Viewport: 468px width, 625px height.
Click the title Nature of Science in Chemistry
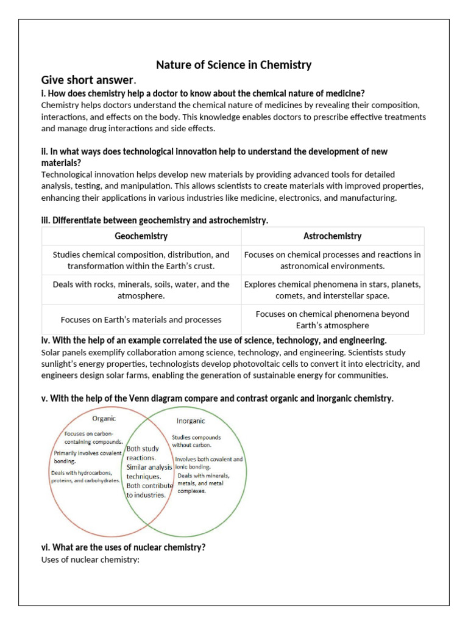click(x=234, y=64)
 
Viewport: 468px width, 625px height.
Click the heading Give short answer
click(x=87, y=80)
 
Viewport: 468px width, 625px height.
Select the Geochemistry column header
click(x=141, y=236)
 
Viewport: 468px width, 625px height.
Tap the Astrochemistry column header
click(x=332, y=236)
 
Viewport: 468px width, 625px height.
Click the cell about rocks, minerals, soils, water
click(x=141, y=290)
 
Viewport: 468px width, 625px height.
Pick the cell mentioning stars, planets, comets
click(x=332, y=290)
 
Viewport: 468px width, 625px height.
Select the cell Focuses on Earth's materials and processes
click(x=141, y=319)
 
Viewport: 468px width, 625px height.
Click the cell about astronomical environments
click(x=332, y=260)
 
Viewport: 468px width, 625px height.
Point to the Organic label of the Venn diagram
click(x=104, y=419)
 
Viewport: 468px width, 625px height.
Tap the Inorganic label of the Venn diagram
click(x=191, y=421)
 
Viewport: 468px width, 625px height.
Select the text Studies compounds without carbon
click(x=196, y=441)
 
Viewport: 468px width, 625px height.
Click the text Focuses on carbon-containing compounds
click(x=93, y=437)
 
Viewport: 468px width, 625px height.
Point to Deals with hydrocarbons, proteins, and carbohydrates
click(x=85, y=476)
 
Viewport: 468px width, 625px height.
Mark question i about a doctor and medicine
click(x=203, y=93)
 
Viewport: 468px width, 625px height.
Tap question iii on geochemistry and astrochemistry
click(x=154, y=220)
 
